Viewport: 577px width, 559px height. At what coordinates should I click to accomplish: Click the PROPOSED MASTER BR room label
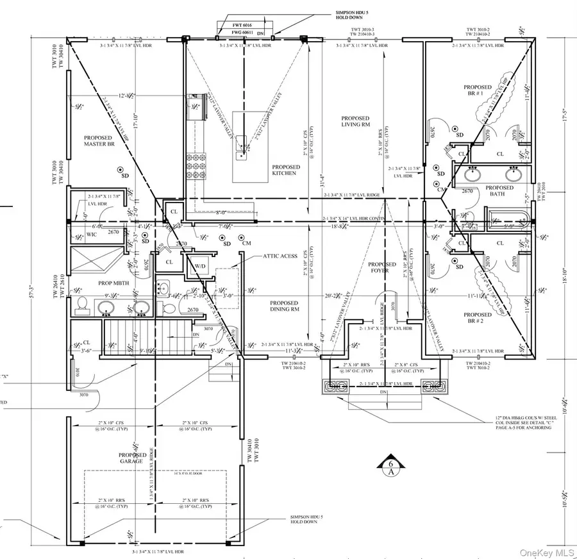(x=97, y=141)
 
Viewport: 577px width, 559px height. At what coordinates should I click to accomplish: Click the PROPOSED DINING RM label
(x=283, y=306)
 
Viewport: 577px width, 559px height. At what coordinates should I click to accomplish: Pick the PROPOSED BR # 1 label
(x=478, y=90)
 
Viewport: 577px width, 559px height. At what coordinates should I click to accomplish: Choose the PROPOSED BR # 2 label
(x=478, y=319)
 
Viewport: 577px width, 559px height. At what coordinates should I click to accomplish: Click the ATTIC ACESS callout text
(x=280, y=256)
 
